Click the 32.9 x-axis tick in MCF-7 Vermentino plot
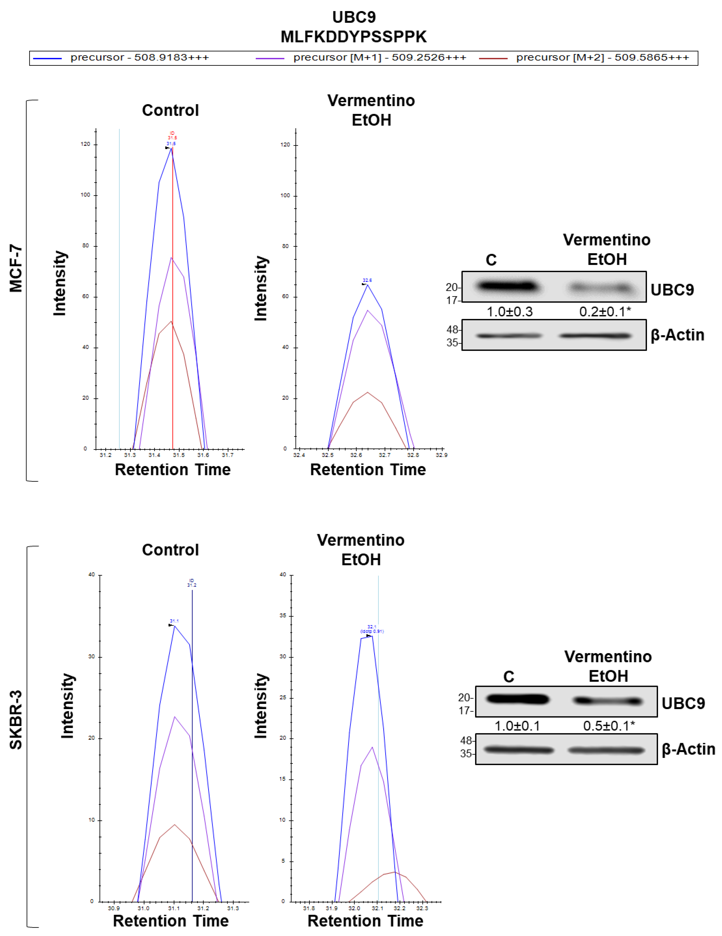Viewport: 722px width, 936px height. click(x=441, y=455)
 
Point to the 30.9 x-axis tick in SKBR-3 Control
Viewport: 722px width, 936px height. click(x=114, y=908)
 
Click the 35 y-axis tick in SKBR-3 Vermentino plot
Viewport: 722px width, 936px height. click(x=283, y=615)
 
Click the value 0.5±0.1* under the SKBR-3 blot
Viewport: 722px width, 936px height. click(x=608, y=726)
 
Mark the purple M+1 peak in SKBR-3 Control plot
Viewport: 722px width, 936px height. click(x=174, y=717)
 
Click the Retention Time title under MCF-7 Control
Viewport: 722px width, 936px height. click(x=173, y=470)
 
